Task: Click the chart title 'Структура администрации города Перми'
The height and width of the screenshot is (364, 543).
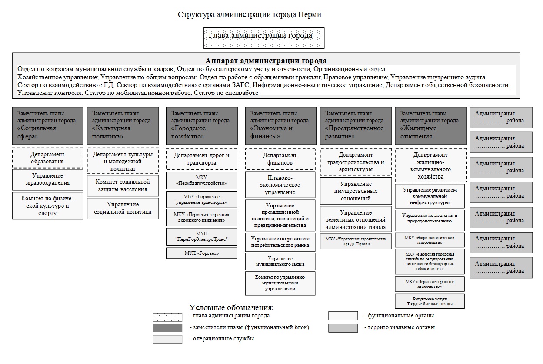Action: pos(250,14)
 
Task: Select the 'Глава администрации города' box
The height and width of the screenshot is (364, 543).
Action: pos(264,38)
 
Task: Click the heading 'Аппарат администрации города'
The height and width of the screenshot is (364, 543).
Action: pos(266,61)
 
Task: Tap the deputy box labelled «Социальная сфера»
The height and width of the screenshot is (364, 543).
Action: pos(48,125)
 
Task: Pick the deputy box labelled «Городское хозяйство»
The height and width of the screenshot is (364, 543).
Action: pos(202,125)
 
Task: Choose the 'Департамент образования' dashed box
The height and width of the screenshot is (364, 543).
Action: pos(48,158)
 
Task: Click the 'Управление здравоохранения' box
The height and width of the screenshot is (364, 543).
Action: pos(48,179)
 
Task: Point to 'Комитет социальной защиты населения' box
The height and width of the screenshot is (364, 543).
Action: pos(123,185)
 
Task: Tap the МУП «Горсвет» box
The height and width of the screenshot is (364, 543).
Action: pos(202,253)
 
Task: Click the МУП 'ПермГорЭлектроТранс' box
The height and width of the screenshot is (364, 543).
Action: pos(202,237)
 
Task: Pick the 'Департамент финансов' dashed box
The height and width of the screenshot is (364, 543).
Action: pos(280,159)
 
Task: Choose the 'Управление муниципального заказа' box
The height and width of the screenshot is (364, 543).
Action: pos(280,261)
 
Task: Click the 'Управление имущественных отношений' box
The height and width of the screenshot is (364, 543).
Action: pos(356,191)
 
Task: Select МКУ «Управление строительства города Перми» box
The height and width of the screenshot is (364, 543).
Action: pos(356,242)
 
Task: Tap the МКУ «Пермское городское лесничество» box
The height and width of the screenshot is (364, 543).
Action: pos(430,284)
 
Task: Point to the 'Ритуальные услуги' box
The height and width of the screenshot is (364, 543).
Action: pos(430,301)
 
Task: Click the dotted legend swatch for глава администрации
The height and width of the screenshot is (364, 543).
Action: pos(167,317)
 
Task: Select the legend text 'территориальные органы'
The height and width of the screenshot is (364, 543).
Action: pos(400,327)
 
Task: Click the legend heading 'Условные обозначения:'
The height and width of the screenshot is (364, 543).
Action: pos(232,307)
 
